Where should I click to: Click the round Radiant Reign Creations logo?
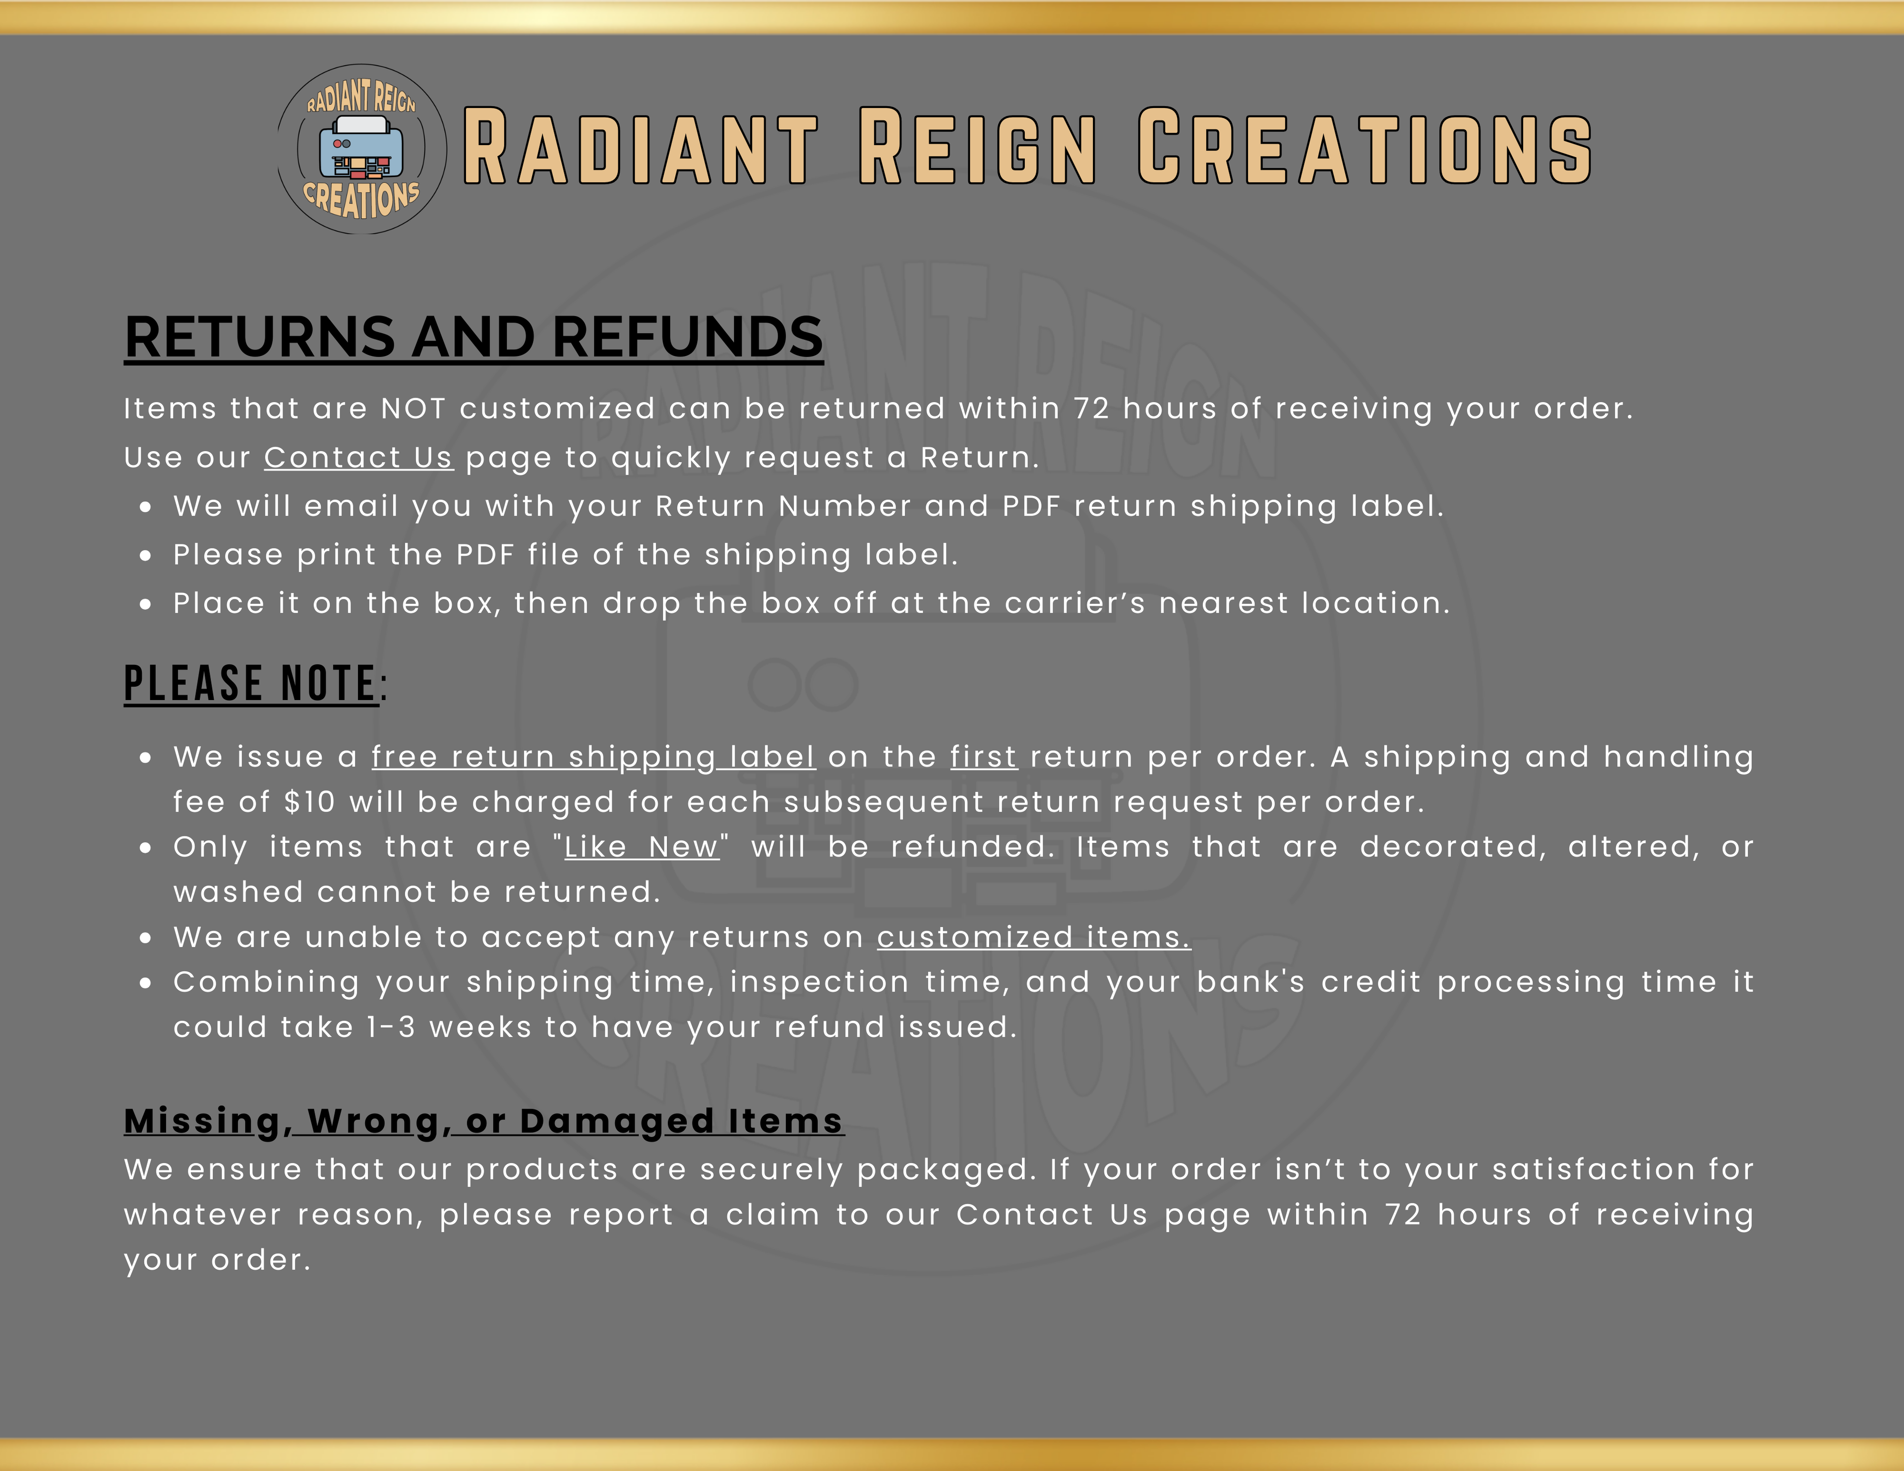point(362,149)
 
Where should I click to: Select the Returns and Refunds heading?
point(474,338)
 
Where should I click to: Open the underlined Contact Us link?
point(358,458)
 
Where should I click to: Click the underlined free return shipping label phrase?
point(594,758)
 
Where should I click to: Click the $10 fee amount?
point(309,802)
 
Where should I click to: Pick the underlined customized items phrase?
point(1033,938)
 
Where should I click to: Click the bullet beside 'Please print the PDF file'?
point(146,555)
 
